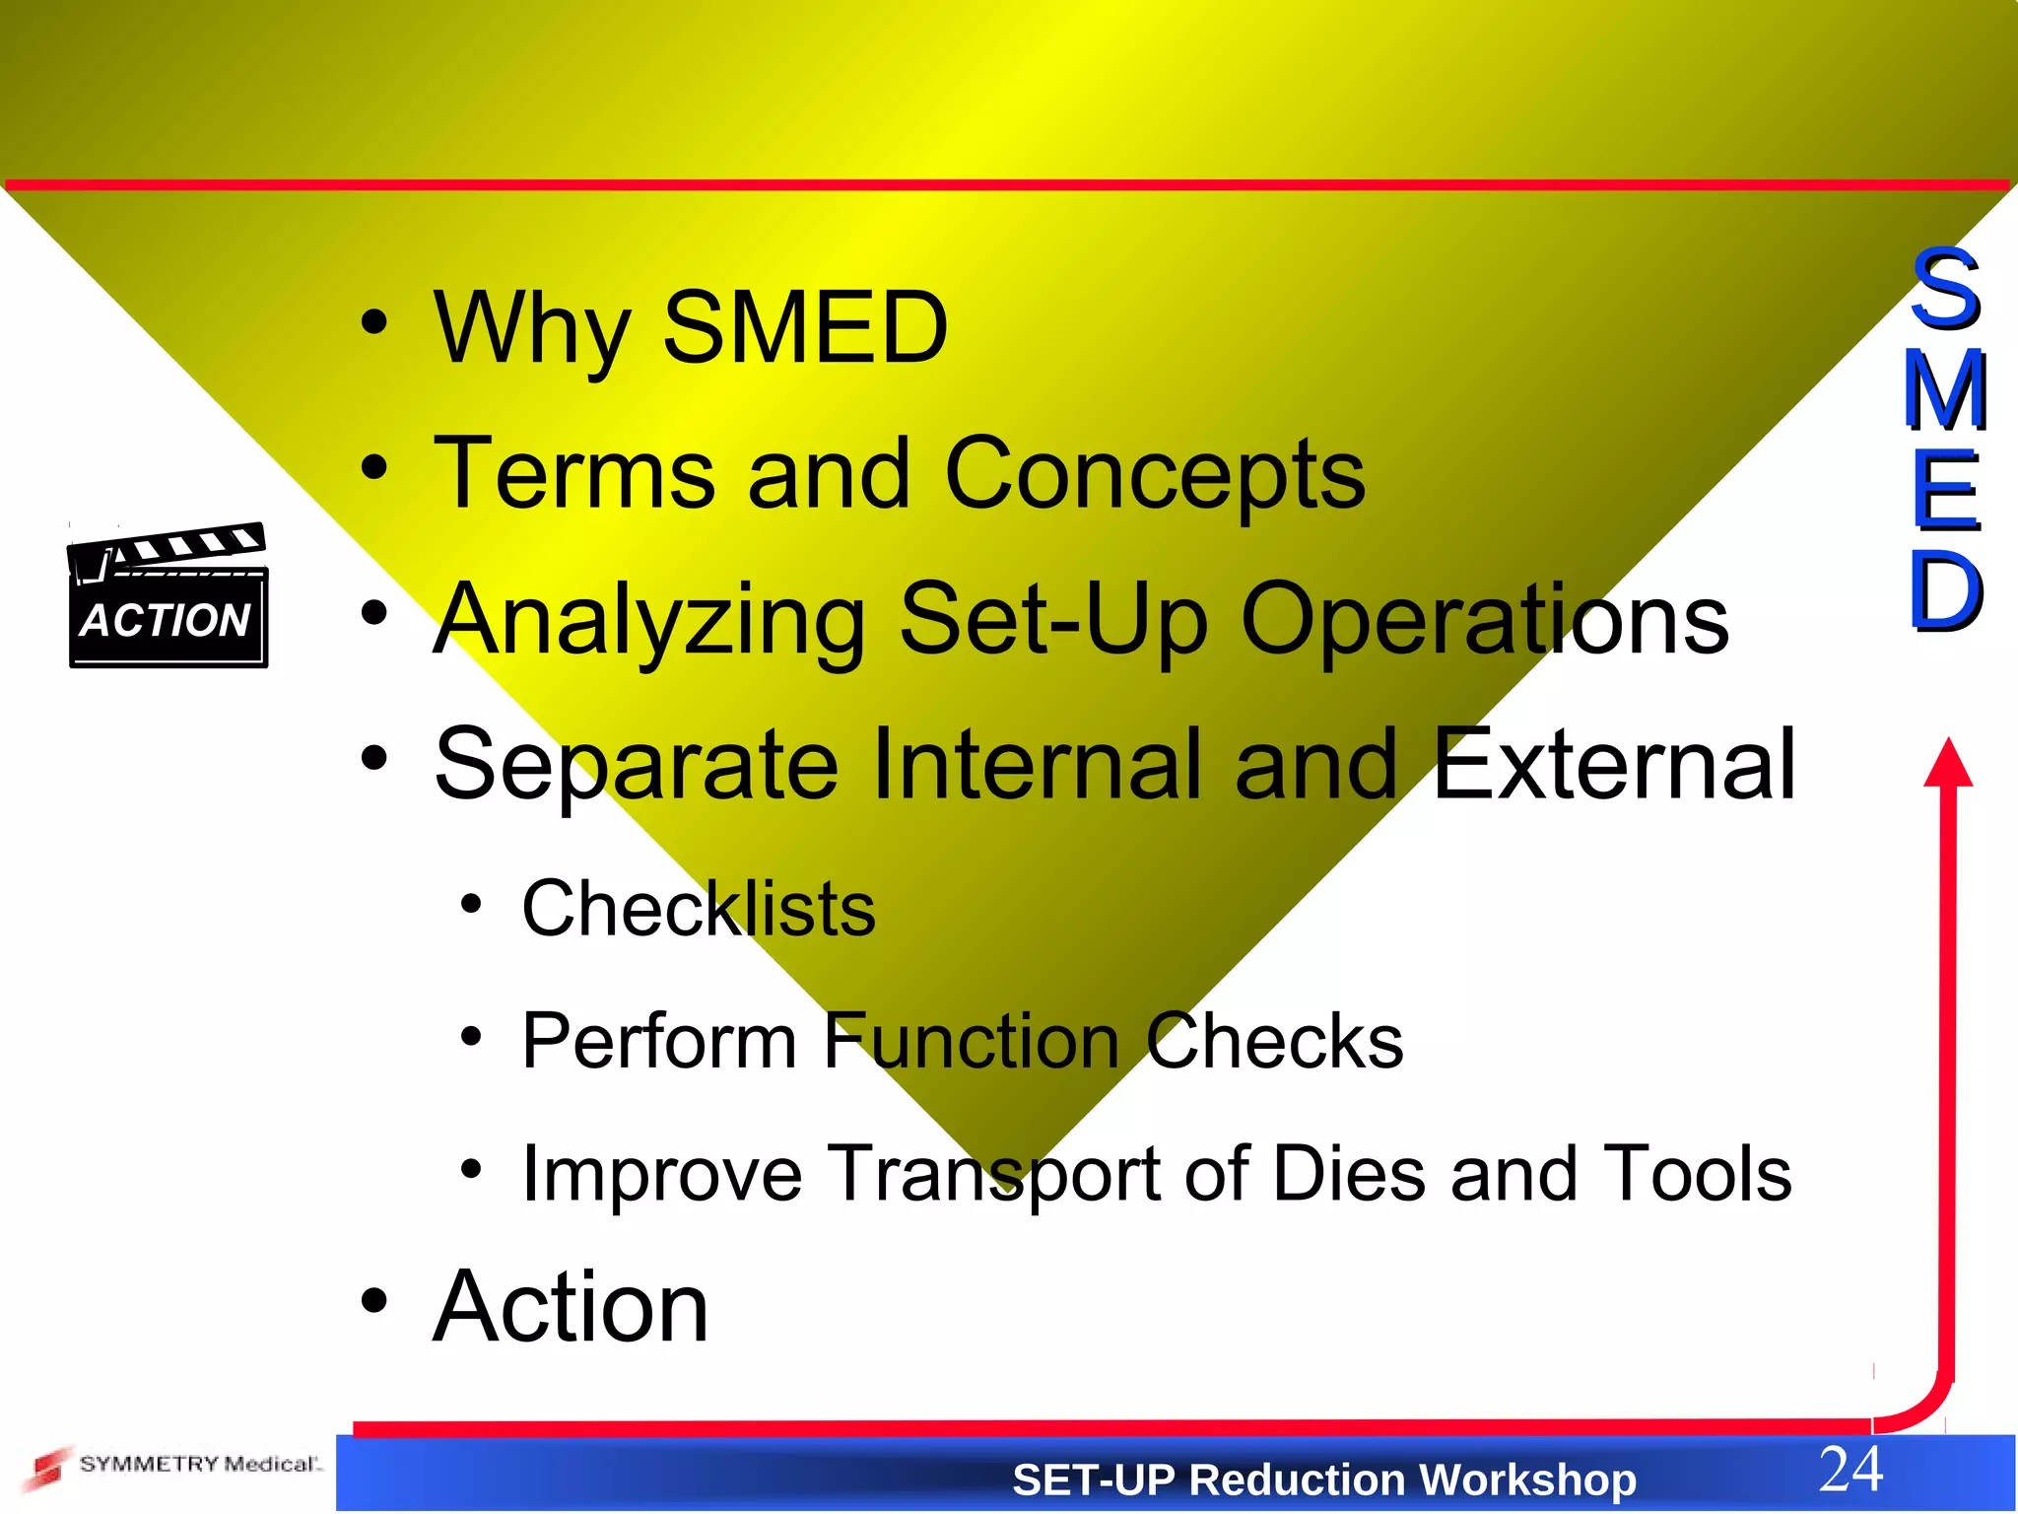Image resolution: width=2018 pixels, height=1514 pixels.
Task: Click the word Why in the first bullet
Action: tap(531, 330)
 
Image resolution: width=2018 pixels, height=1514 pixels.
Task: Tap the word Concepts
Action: tap(1154, 475)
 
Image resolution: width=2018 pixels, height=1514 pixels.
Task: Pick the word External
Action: tap(1613, 764)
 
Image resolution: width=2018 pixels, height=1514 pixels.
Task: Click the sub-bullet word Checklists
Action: tap(698, 909)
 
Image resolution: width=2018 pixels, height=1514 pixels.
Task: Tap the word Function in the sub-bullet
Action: tap(971, 1041)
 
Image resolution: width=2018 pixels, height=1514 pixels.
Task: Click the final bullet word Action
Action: tap(571, 1307)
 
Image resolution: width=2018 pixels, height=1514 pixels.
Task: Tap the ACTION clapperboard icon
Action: tap(168, 596)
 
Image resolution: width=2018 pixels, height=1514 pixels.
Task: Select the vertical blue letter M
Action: tap(1945, 390)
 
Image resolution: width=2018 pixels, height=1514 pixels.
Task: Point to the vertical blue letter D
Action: tap(1945, 591)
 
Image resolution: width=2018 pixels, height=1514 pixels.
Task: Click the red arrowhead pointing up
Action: tap(1948, 764)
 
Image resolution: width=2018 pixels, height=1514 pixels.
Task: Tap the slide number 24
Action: tap(1850, 1470)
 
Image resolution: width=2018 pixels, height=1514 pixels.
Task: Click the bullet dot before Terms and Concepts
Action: tap(373, 468)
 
